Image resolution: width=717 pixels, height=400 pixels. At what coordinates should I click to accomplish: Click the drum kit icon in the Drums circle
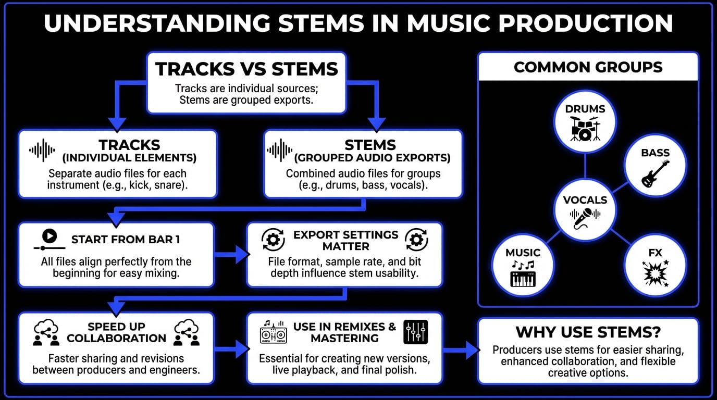pos(585,129)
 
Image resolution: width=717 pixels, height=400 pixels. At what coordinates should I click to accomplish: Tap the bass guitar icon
pos(655,174)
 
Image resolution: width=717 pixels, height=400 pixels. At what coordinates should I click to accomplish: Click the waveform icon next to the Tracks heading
pos(42,150)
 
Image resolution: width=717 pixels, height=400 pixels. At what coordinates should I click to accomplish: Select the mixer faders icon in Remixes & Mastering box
pos(415,332)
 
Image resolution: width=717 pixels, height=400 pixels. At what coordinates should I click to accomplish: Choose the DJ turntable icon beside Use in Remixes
pos(273,333)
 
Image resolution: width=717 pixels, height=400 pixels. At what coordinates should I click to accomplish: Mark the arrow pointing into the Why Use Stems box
pos(461,350)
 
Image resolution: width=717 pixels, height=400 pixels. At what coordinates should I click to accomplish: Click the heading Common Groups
pos(588,67)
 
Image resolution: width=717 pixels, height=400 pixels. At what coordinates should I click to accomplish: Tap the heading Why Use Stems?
pos(588,332)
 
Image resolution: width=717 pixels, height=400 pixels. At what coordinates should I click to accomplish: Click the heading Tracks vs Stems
pos(246,69)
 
